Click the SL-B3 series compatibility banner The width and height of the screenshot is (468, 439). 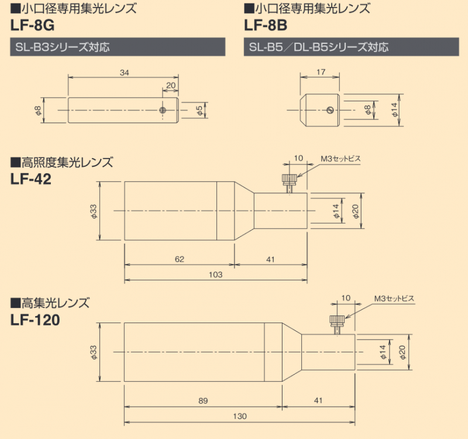pos(117,47)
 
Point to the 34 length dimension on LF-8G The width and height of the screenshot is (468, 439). pos(123,73)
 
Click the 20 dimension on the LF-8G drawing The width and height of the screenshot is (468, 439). pos(171,85)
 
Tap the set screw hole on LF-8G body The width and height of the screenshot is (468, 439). pos(163,109)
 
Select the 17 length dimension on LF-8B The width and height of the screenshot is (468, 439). pos(321,73)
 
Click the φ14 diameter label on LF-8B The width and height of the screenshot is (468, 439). pos(395,109)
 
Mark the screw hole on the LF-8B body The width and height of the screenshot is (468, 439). pos(330,109)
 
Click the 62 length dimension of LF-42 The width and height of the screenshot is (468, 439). pos(179,258)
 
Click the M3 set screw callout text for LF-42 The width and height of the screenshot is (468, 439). pos(340,159)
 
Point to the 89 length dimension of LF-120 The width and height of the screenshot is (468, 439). pos(202,400)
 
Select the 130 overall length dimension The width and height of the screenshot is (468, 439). pos(240,416)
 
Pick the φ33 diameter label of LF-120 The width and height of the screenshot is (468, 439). pos(93,351)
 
